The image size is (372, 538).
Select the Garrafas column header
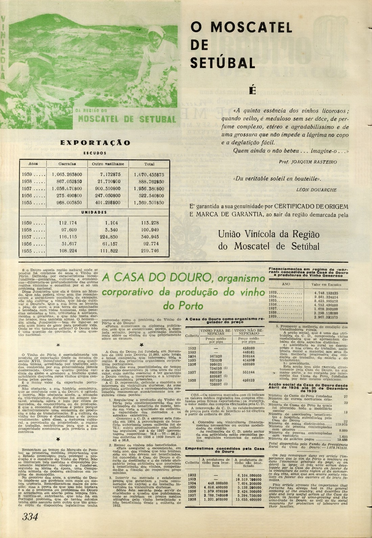pos(67,164)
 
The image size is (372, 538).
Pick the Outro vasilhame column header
pos(108,164)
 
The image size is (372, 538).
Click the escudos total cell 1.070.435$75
pos(149,175)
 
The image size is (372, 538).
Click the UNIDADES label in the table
pos(94,212)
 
